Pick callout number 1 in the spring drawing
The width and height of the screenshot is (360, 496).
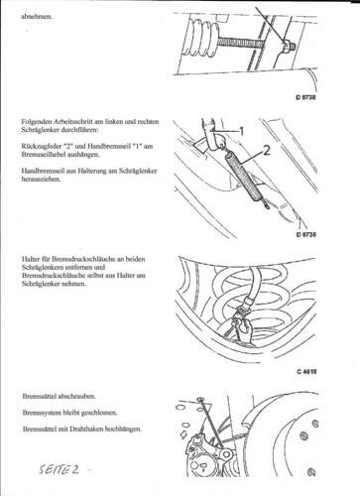tap(241, 130)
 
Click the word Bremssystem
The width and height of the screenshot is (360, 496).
tap(43, 412)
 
